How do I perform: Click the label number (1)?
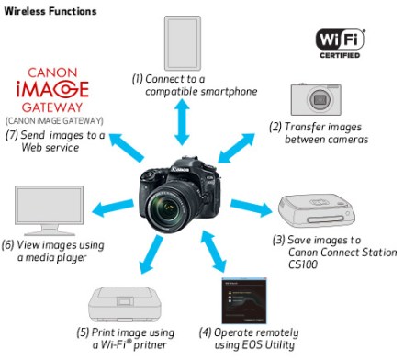[137, 79]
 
